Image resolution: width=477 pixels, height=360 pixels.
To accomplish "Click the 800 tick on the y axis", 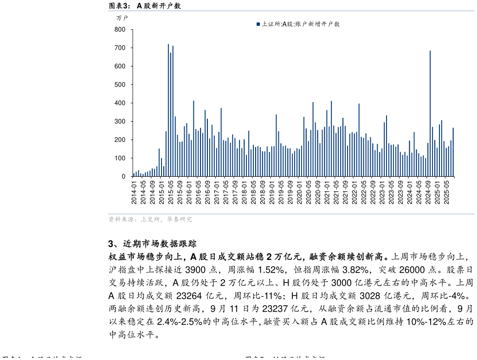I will coord(120,30).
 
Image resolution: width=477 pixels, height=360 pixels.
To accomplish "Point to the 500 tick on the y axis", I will coord(120,85).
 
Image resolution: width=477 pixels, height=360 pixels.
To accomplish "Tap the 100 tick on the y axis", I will coord(120,158).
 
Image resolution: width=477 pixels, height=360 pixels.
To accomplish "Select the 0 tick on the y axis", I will coord(123,177).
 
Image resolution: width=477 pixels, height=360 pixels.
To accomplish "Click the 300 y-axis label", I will coord(120,122).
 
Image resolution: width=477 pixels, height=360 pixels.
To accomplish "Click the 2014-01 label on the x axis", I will coord(134,192).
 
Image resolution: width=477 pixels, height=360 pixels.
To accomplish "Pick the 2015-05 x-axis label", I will coord(171,192).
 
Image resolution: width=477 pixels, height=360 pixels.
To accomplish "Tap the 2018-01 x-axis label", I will coord(245,192).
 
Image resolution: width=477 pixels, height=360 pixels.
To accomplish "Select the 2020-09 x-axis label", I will coord(318,192).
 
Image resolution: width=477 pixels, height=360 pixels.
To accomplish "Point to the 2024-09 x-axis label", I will coord(428,192).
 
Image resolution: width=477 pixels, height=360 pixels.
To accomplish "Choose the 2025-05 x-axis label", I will coord(446,192).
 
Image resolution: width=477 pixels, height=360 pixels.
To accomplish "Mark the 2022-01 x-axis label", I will coord(355,192).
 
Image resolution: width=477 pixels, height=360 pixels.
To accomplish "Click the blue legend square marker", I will coord(258,24).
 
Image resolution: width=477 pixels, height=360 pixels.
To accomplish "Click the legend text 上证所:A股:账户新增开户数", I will coord(301,24).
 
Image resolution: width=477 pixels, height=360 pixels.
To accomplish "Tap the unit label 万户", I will coord(122,18).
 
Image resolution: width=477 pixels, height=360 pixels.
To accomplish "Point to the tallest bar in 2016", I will coord(193,139).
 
